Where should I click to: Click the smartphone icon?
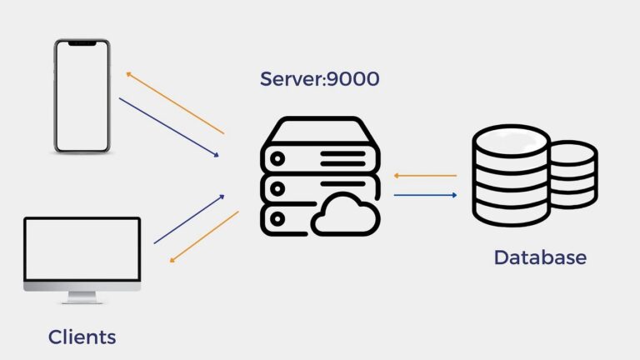[x=82, y=96]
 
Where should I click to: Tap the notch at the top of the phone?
[x=82, y=43]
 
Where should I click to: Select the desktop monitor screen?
[x=82, y=249]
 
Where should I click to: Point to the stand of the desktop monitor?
[x=82, y=296]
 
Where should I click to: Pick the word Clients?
[x=82, y=337]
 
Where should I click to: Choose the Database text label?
[x=540, y=257]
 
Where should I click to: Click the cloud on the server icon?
[x=345, y=216]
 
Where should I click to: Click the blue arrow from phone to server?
[x=169, y=127]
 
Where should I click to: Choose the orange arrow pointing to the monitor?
[x=205, y=237]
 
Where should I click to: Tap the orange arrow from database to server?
[x=425, y=176]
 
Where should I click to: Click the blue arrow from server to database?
[x=425, y=195]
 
